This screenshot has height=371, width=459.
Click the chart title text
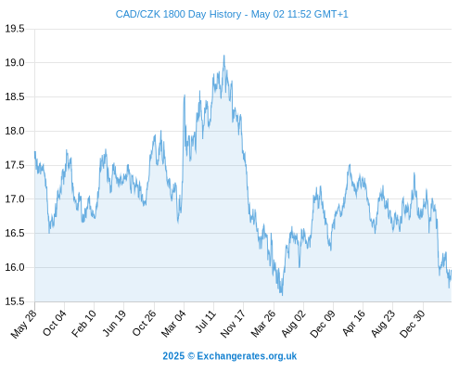(x=232, y=14)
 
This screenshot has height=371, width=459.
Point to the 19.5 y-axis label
(x=15, y=29)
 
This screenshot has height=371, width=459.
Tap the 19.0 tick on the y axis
(x=15, y=63)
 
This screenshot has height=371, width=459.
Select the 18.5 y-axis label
(x=15, y=96)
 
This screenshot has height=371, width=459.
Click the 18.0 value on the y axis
(x=15, y=131)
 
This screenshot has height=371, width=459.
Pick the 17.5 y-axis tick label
(x=15, y=165)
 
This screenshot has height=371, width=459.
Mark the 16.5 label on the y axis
(x=15, y=233)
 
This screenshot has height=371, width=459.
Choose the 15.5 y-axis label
(x=15, y=301)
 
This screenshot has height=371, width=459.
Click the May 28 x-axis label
(x=24, y=324)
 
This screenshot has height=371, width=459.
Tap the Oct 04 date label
(x=55, y=324)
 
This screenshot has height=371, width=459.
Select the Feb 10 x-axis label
(x=83, y=324)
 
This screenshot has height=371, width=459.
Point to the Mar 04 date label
(x=173, y=324)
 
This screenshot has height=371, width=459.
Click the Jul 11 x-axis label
(x=205, y=322)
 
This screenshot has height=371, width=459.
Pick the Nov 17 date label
(x=233, y=324)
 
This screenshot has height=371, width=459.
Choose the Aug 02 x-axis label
(x=294, y=324)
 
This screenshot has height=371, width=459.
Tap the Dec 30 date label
(x=413, y=324)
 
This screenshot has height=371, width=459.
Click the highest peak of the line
(x=224, y=56)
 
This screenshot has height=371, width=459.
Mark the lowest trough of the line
(x=282, y=295)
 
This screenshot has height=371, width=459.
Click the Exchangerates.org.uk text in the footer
(x=247, y=356)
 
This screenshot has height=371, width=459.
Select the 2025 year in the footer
(x=173, y=356)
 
